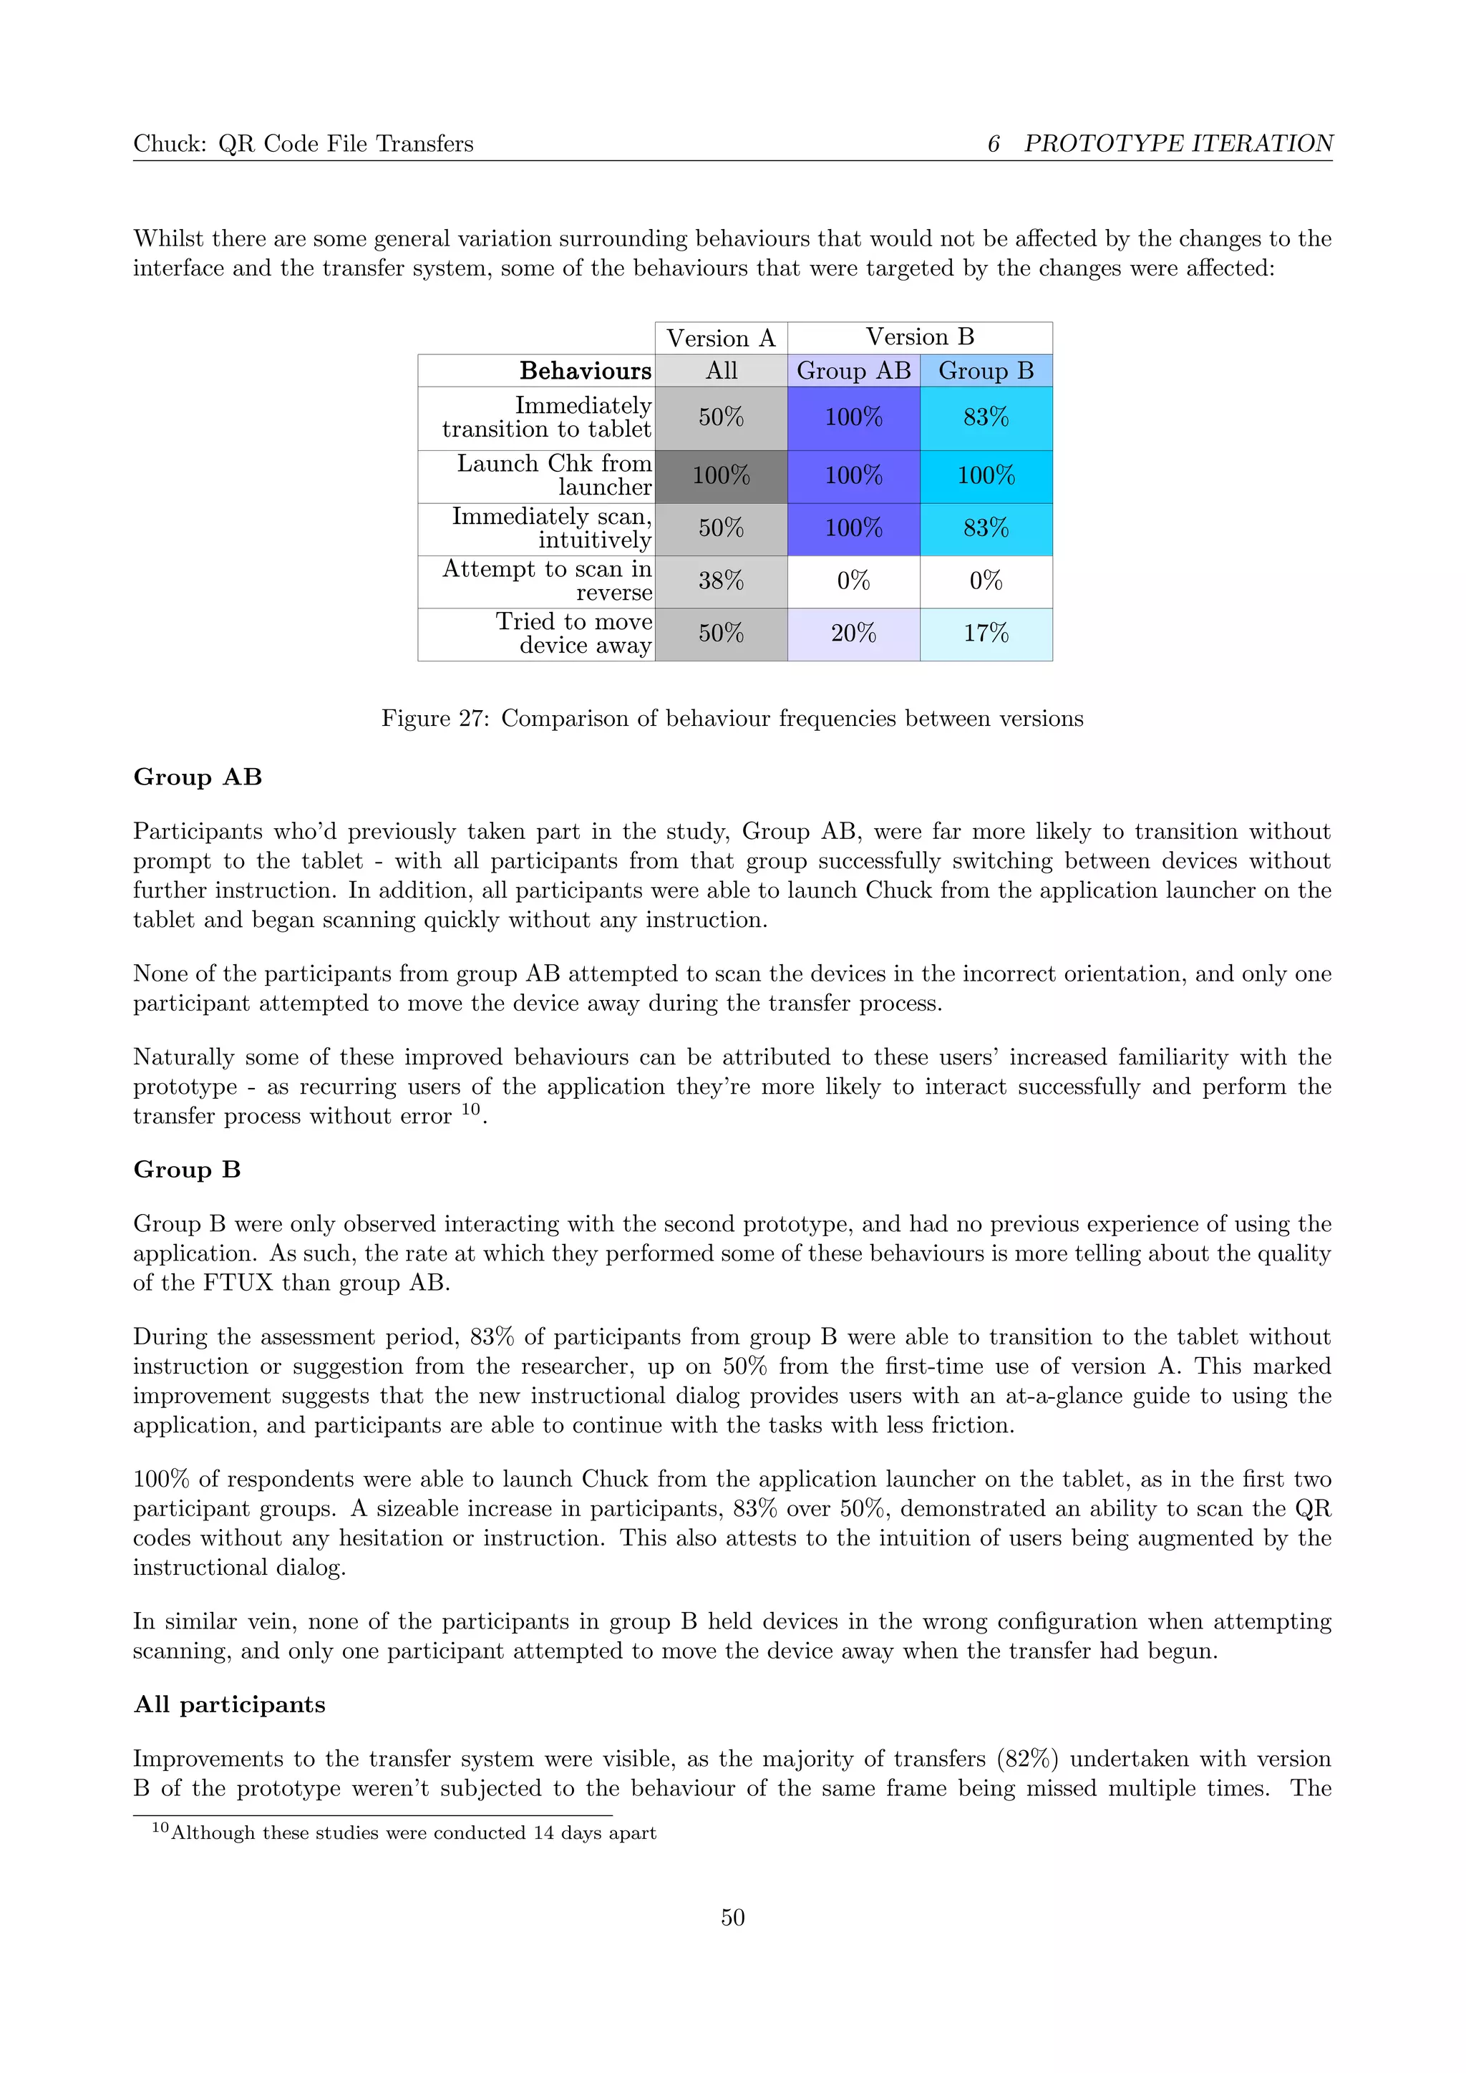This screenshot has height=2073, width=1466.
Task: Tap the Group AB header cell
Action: pos(853,371)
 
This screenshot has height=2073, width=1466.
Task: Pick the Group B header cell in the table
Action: pos(986,371)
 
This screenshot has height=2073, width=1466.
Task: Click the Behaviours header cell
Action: pos(585,371)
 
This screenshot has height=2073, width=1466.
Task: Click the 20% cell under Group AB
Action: pos(853,633)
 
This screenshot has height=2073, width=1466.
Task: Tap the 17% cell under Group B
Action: pos(986,633)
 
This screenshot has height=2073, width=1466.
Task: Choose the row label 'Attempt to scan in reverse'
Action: pos(547,581)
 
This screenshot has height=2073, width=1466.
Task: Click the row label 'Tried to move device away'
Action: pos(574,633)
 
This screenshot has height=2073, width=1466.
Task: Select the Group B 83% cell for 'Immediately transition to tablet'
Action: pos(986,418)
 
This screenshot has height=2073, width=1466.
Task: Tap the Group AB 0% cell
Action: pos(853,581)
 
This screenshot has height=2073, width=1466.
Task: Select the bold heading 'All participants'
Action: pos(229,1704)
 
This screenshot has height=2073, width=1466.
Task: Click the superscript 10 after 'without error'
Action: pos(470,1110)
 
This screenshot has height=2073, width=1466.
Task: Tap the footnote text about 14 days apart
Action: pos(414,1832)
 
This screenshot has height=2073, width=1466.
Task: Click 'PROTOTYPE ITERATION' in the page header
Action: pos(1178,144)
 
